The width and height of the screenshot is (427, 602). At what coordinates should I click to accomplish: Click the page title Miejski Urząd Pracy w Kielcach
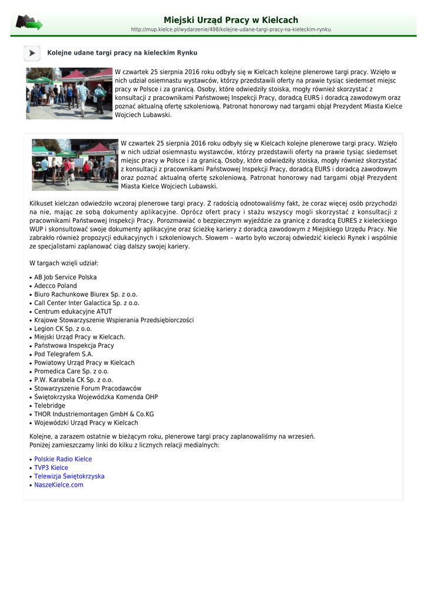click(231, 20)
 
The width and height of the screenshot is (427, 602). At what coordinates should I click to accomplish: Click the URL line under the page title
click(231, 29)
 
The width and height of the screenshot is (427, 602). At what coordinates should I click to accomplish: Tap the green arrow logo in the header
click(29, 23)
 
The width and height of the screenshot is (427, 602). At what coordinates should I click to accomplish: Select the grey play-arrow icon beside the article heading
click(32, 53)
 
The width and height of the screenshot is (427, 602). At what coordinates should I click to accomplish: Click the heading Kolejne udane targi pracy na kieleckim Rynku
click(122, 53)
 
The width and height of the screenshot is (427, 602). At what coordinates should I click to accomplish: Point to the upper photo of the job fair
click(69, 93)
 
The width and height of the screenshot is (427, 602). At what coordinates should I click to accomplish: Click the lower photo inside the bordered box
click(75, 165)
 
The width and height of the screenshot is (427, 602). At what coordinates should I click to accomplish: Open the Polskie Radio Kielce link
click(63, 459)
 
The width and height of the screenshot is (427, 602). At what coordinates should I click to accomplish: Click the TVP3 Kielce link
click(51, 468)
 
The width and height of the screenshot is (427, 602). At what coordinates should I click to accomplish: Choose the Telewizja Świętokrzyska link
click(69, 476)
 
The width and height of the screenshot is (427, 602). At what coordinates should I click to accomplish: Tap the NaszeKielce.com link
click(59, 485)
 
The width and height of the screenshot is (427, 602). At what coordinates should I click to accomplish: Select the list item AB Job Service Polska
click(65, 277)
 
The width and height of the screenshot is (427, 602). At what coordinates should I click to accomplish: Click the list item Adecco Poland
click(55, 286)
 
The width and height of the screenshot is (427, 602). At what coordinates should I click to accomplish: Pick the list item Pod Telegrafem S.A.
click(64, 354)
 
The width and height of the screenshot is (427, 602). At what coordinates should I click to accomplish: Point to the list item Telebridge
click(49, 406)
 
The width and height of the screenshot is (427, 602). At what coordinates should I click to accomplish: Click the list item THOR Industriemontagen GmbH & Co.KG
click(94, 414)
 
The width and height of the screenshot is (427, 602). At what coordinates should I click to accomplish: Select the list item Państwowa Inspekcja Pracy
click(74, 346)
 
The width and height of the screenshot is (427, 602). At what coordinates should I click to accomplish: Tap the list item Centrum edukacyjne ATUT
click(73, 312)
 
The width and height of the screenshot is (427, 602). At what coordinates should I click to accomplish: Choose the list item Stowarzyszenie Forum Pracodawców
click(88, 389)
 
